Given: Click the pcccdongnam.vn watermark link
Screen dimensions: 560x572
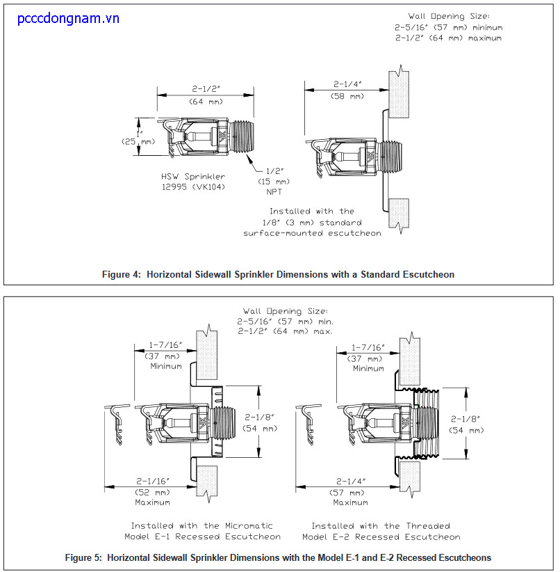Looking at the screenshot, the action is click(x=68, y=19).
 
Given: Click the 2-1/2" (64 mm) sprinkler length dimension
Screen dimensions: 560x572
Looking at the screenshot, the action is click(x=206, y=95).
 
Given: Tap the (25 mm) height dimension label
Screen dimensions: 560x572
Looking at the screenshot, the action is click(x=138, y=141).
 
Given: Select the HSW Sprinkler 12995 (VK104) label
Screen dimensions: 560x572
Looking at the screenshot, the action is click(x=193, y=182).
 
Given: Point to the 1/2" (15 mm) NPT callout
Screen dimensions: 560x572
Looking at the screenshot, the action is click(x=274, y=182).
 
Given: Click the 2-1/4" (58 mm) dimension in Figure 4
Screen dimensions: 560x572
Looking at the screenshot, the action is click(x=347, y=90).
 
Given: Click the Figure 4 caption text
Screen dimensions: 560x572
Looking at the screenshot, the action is click(x=278, y=274).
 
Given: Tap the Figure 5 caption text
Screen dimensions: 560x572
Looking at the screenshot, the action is click(x=278, y=557).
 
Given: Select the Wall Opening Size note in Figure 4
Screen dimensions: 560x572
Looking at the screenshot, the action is click(x=449, y=27).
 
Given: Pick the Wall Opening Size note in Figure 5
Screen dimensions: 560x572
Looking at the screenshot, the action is click(x=286, y=321).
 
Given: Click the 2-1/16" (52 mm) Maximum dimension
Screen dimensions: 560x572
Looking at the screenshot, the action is click(x=153, y=491).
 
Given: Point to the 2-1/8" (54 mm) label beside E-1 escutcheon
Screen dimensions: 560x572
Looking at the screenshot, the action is click(x=260, y=422).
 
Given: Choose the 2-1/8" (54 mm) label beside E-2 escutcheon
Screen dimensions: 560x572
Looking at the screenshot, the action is click(x=466, y=424).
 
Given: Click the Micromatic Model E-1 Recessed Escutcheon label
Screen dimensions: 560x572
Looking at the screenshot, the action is click(x=203, y=531).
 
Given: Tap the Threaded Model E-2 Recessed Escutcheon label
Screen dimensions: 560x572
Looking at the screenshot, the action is click(x=381, y=532).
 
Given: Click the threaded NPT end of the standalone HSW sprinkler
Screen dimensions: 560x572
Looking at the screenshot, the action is click(x=241, y=136).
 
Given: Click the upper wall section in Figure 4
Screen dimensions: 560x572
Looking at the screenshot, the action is click(x=399, y=94).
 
